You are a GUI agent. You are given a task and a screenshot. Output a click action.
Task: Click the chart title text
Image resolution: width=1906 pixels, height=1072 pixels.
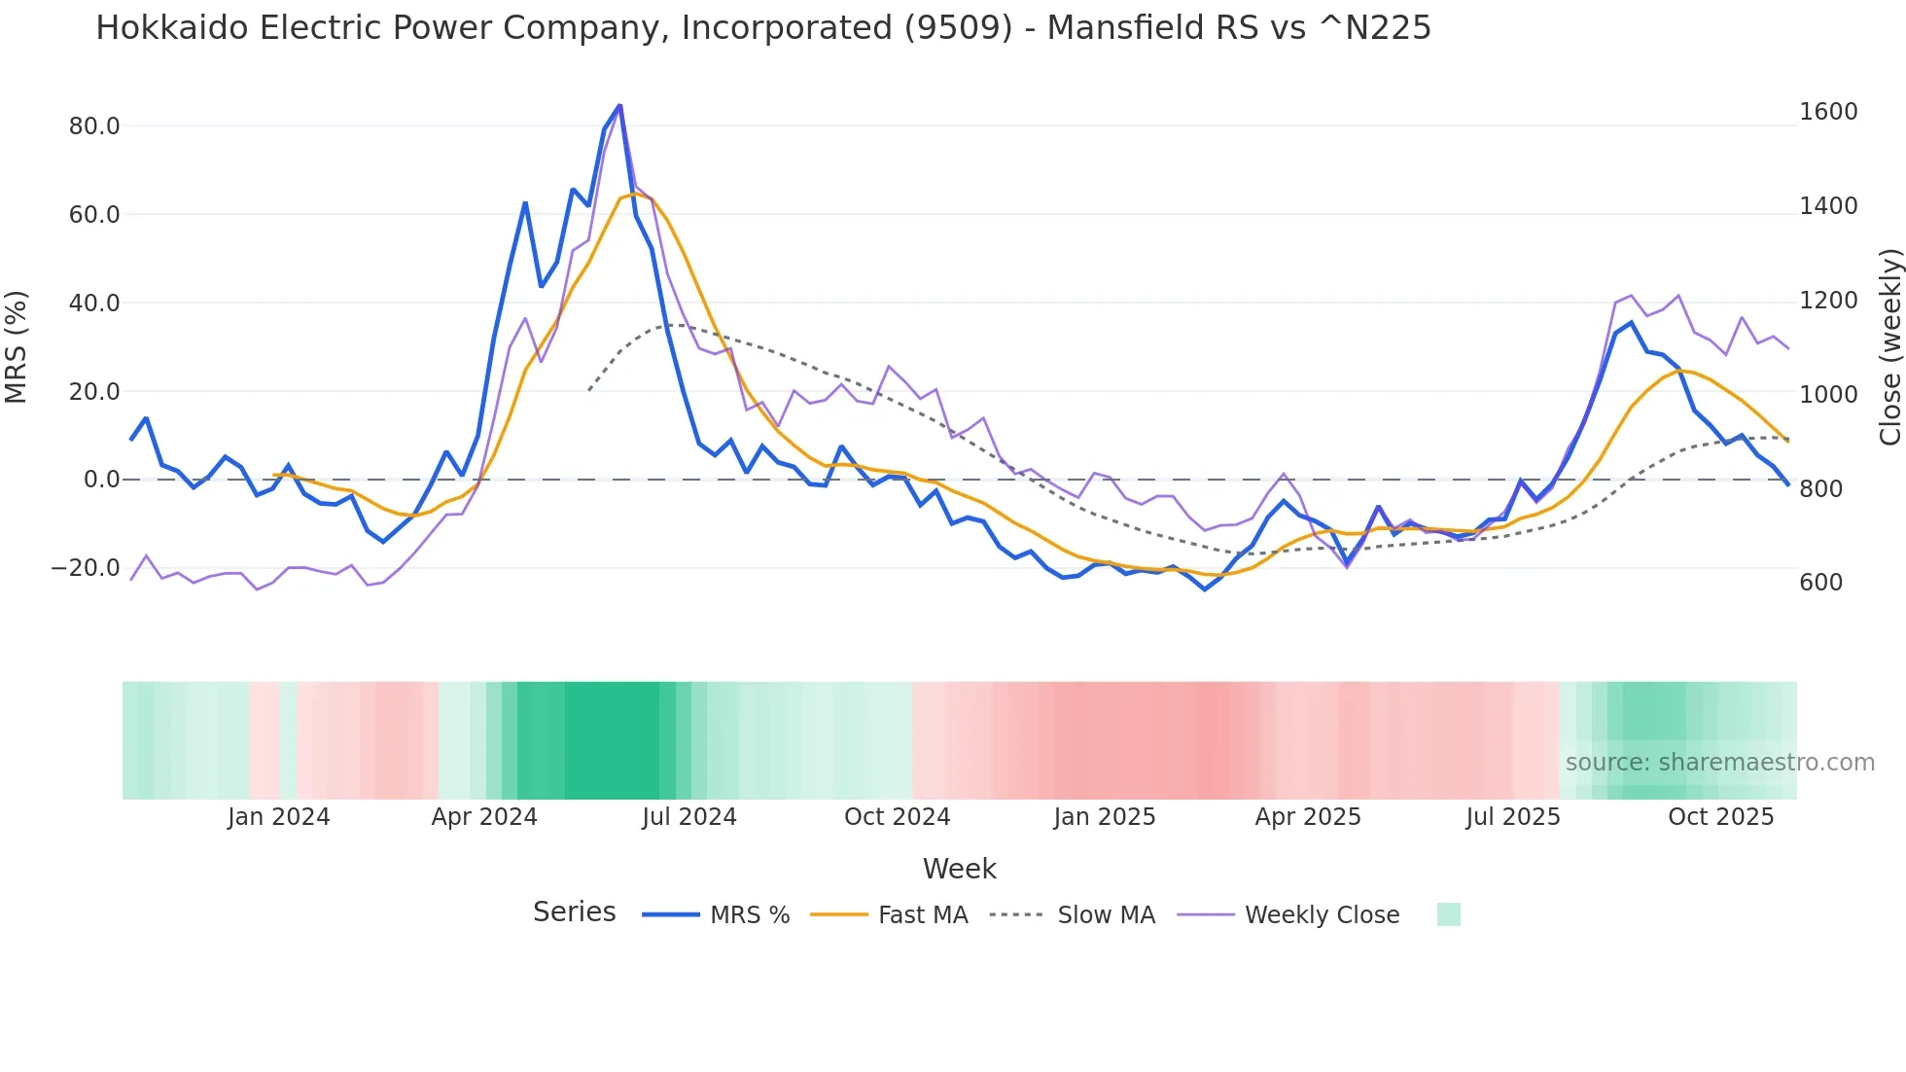click(x=763, y=28)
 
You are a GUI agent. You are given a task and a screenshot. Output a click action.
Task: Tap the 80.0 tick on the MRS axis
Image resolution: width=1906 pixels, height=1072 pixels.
click(x=94, y=126)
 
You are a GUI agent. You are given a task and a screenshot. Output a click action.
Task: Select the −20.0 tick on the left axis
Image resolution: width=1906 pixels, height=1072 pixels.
click(x=87, y=568)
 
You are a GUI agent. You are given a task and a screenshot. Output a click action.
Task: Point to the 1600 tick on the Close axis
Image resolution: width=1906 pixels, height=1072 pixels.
click(x=1828, y=112)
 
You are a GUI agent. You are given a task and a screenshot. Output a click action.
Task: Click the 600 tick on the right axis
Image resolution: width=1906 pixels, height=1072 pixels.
click(x=1820, y=583)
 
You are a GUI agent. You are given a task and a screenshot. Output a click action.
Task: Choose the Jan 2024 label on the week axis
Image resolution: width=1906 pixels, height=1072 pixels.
click(x=279, y=817)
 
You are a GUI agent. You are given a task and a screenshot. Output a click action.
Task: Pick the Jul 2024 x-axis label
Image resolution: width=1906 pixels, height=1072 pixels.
click(x=689, y=817)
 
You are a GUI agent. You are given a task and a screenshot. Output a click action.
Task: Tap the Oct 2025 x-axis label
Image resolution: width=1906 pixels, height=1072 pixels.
click(x=1721, y=817)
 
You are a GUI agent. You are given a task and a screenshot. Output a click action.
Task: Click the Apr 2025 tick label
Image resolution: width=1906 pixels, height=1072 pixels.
click(x=1308, y=817)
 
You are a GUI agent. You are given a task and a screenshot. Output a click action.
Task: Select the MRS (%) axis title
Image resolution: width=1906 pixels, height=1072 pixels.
click(x=17, y=346)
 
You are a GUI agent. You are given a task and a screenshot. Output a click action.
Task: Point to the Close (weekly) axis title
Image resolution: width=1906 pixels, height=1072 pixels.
click(x=1889, y=346)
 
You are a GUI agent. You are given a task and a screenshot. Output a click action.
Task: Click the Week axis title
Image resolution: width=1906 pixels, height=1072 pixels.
click(x=959, y=869)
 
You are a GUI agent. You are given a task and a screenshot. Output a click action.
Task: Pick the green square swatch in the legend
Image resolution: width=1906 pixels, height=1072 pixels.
click(x=1449, y=914)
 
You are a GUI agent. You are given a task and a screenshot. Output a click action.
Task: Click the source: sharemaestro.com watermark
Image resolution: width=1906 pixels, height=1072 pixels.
click(x=1719, y=763)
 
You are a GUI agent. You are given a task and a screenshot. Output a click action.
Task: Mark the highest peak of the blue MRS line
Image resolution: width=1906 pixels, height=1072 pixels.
click(x=619, y=105)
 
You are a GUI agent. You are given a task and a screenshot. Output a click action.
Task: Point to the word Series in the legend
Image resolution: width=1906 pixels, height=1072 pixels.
click(x=574, y=912)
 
